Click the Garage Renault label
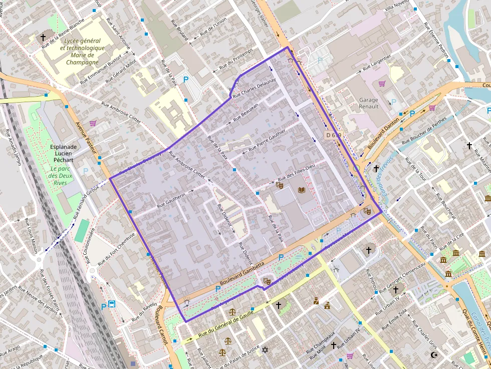[369, 103]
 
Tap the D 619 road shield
[334, 135]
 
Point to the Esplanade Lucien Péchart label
[63, 154]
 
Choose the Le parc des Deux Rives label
[62, 176]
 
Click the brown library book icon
[301, 190]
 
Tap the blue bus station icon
[112, 304]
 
